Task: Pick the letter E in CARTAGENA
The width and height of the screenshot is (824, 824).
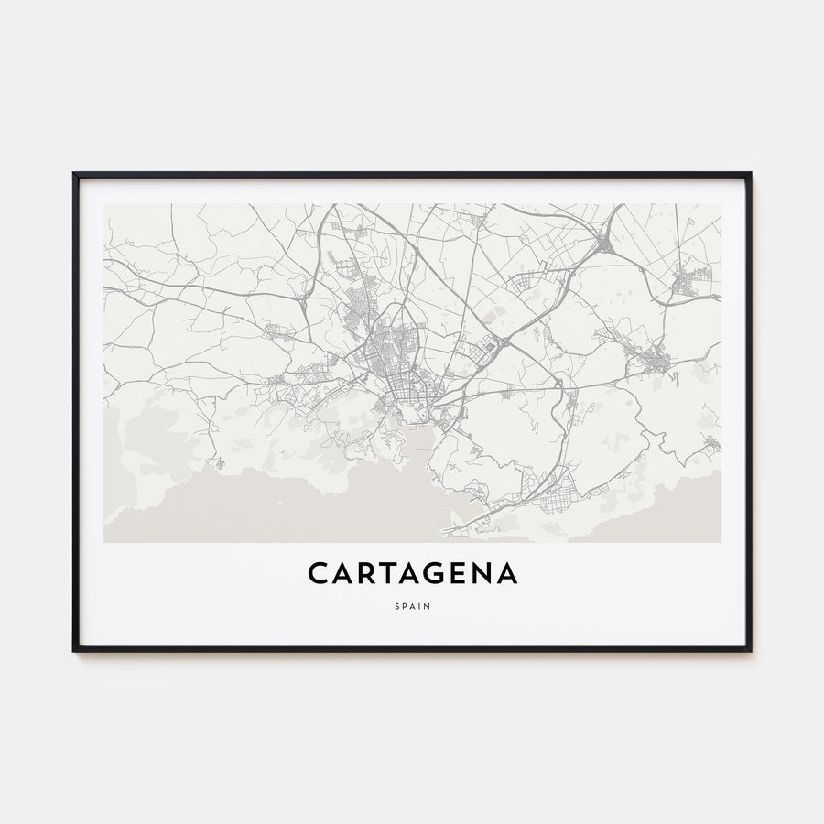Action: (x=454, y=573)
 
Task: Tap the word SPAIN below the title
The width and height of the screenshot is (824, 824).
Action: (x=412, y=605)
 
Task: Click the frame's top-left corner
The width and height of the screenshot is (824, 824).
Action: (x=75, y=174)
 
